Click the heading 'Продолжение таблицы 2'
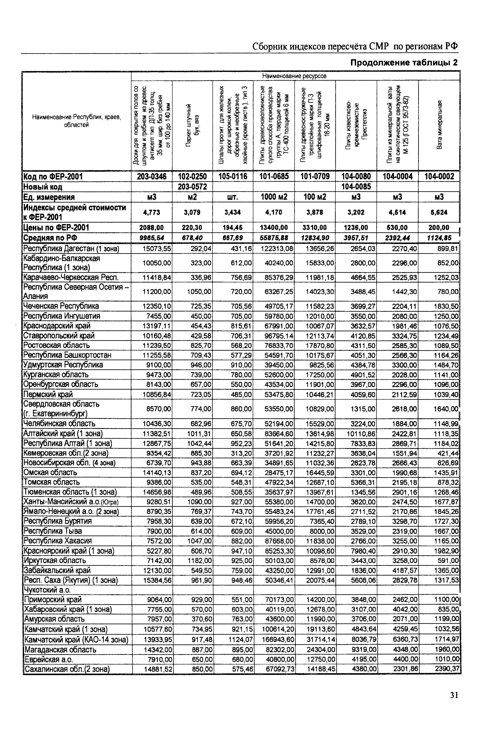pos(404,63)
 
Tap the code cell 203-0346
pos(152,176)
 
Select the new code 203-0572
pos(193,187)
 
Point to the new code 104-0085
pos(356,187)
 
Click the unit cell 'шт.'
pos(233,197)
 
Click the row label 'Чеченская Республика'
pos(61,306)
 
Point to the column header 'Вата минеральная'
pos(440,125)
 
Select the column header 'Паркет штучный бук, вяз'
pos(193,125)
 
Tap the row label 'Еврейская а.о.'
pos(47,659)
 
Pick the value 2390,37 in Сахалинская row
pos(447,669)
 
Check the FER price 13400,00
pos(274,227)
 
